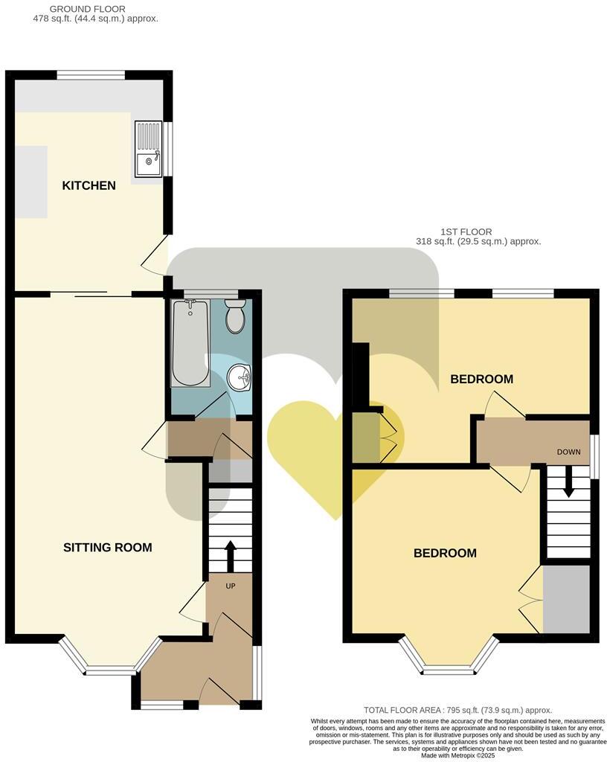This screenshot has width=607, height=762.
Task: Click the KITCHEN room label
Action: click(89, 185)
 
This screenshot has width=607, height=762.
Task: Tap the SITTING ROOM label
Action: click(107, 548)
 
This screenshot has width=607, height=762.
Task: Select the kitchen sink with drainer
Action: click(148, 149)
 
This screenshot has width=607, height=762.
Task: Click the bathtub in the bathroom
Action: click(190, 343)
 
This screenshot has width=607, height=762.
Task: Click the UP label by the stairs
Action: click(231, 586)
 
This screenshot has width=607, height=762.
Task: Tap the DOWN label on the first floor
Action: click(569, 452)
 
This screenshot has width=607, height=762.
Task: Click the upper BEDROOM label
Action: click(481, 380)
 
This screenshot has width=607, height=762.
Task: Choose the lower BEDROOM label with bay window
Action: click(445, 554)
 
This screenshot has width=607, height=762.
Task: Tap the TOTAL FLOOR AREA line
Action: click(457, 711)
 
